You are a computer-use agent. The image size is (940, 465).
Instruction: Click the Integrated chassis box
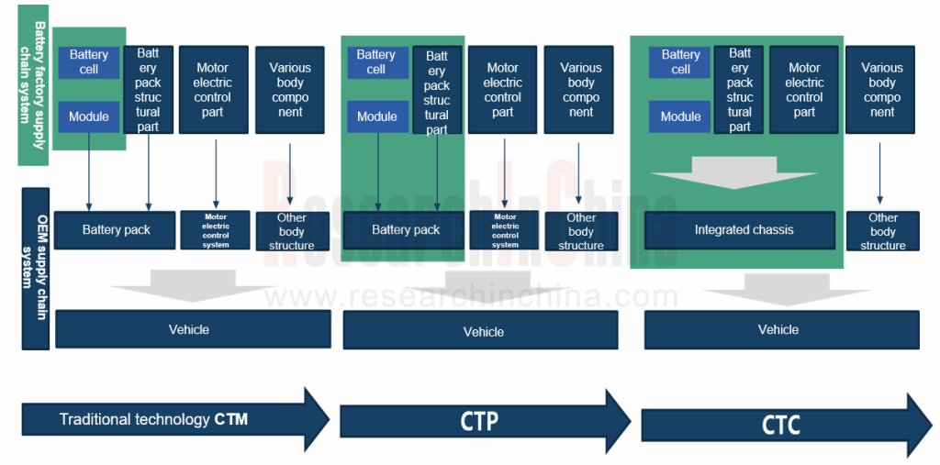739,230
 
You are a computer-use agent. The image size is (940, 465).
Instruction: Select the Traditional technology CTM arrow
174,420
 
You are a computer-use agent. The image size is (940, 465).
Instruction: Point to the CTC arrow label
780,426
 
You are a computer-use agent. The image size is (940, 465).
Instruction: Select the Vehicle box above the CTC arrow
780,329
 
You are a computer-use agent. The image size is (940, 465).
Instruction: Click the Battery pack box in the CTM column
115,230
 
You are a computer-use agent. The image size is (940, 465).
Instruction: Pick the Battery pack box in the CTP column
405,230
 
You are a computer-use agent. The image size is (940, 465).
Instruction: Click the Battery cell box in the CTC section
680,62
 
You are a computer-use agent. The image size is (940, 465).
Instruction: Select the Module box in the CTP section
376,116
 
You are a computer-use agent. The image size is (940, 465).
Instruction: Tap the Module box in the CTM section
89,116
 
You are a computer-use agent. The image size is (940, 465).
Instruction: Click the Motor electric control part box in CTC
804,90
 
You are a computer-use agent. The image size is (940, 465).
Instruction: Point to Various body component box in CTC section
881,90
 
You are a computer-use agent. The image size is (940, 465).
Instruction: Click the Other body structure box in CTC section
882,231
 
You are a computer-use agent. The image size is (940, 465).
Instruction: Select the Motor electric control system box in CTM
216,230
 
